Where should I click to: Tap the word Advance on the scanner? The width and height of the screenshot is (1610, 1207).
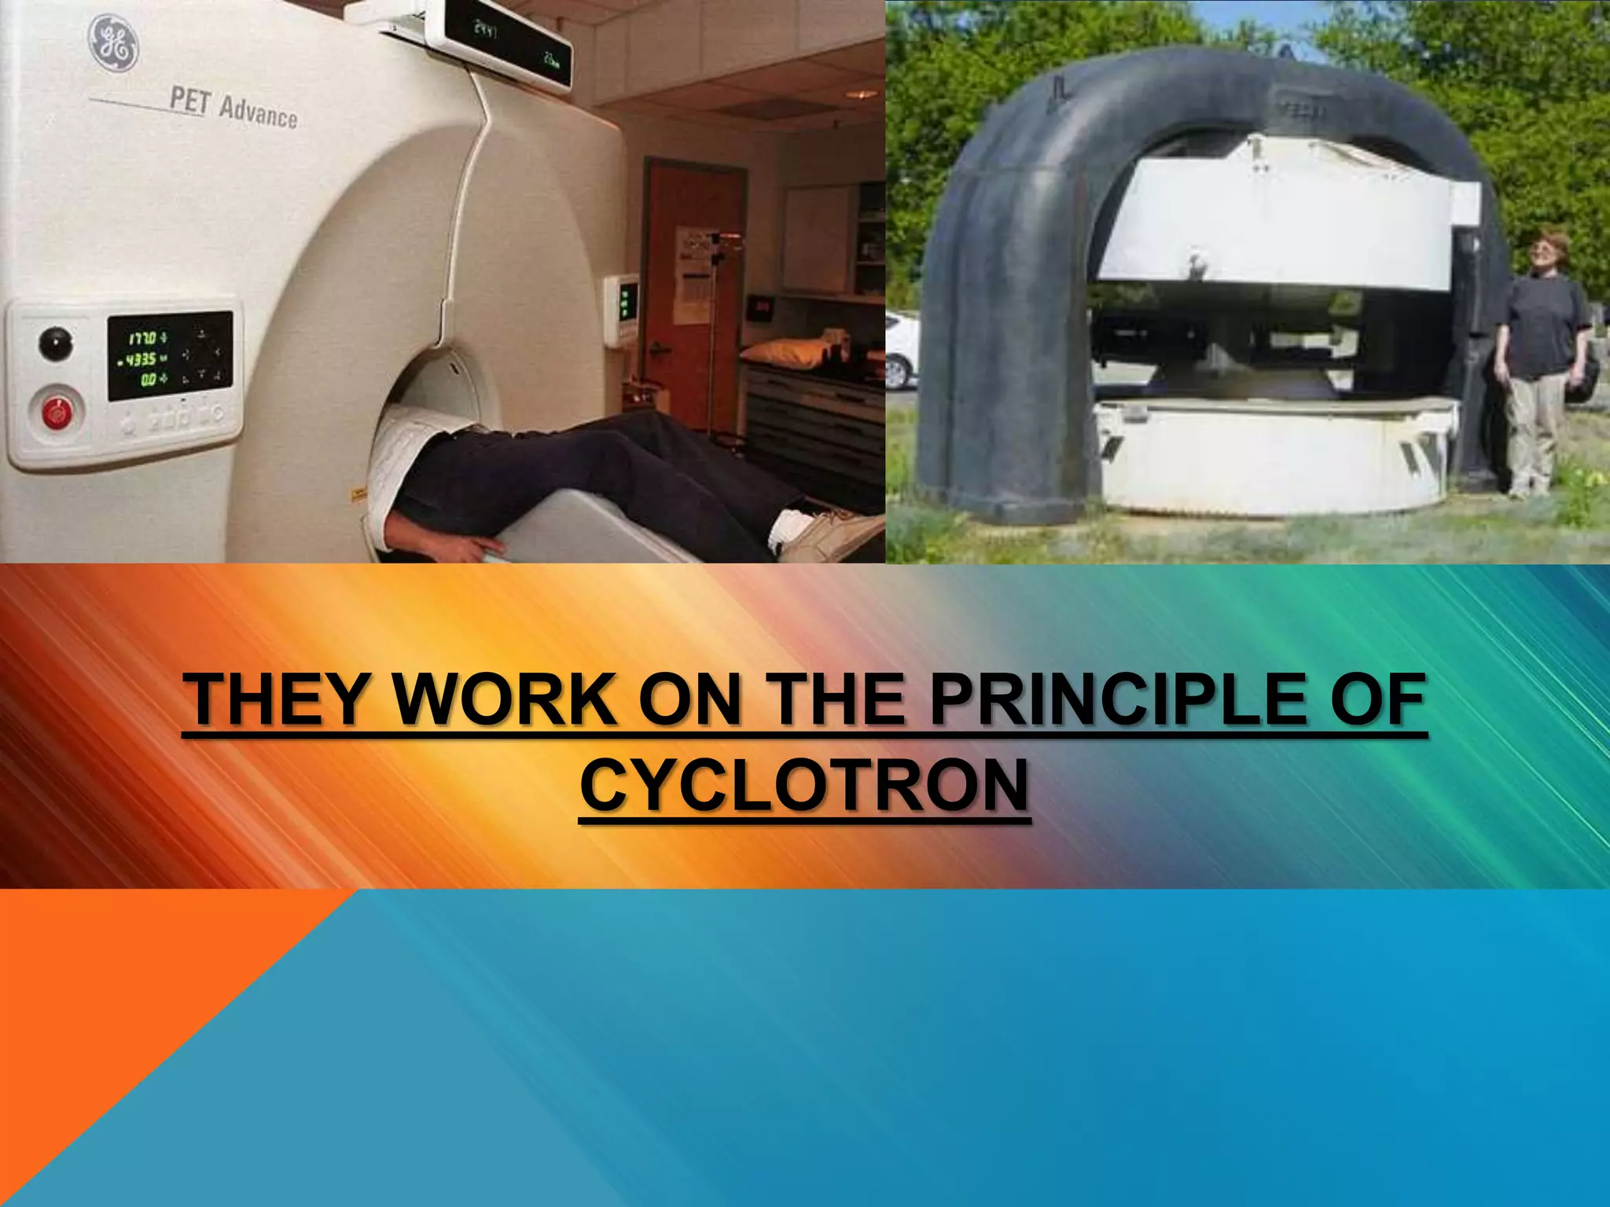coord(258,114)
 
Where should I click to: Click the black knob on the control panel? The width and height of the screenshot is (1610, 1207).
coord(55,343)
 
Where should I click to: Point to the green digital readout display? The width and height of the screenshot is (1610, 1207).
coord(169,356)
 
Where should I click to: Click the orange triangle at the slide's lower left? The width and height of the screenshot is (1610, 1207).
coord(118,1022)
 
